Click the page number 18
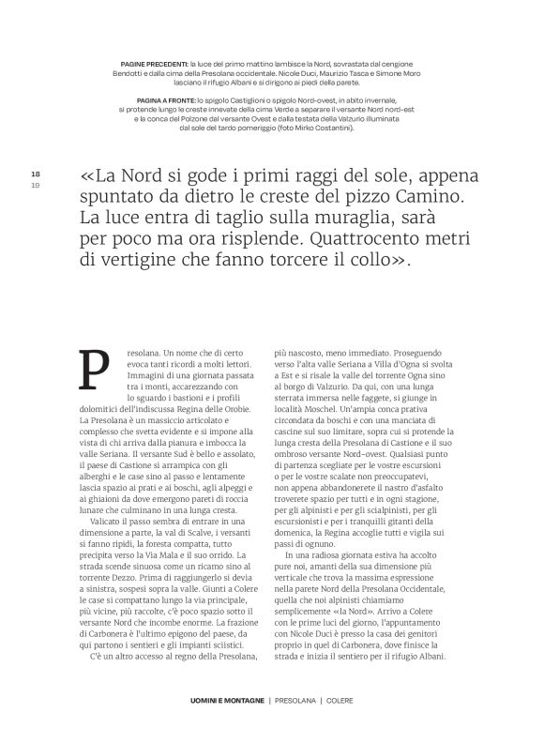[x=35, y=174]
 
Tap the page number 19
[x=35, y=185]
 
